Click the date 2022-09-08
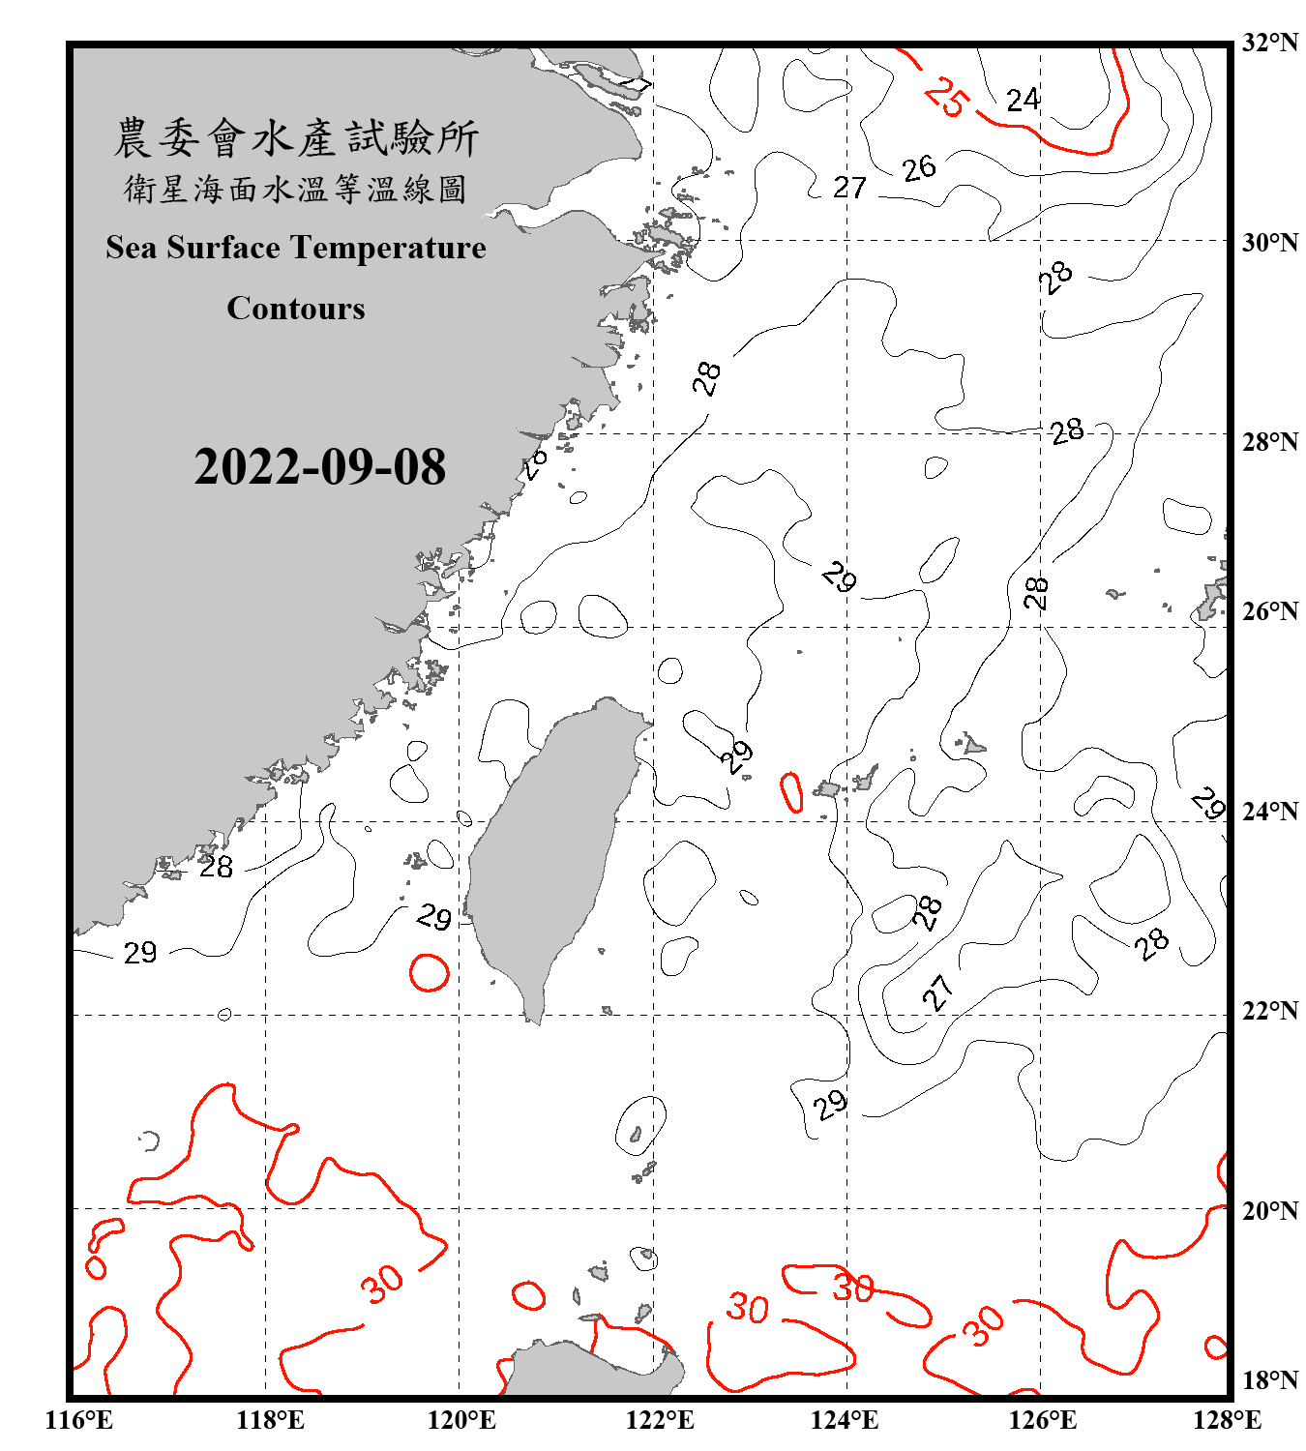click(319, 466)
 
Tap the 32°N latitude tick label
click(1269, 43)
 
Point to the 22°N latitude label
click(1269, 1011)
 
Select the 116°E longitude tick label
click(78, 1420)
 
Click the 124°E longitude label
click(845, 1420)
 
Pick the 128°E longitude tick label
click(1227, 1420)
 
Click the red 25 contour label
click(945, 96)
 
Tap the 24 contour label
click(1023, 100)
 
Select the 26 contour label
click(919, 168)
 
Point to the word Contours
click(296, 309)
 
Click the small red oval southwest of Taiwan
click(429, 972)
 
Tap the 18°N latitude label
click(1269, 1380)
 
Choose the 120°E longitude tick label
click(461, 1420)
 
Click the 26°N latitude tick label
click(1269, 611)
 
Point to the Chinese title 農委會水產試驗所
click(296, 138)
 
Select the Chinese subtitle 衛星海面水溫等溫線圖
click(296, 189)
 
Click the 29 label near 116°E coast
click(140, 953)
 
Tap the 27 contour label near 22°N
click(936, 992)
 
